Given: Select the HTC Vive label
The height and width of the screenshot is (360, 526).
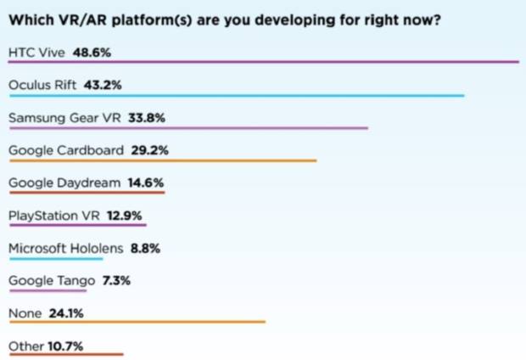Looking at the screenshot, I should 36,52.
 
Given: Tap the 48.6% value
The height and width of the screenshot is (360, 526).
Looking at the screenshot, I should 93,52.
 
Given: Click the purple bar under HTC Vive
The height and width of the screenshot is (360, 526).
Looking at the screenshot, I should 263,62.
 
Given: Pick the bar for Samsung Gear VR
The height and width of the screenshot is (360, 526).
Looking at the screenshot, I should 187,128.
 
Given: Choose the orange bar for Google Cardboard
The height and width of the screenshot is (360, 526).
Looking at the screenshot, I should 162,160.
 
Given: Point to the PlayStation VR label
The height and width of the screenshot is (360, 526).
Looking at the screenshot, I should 54,216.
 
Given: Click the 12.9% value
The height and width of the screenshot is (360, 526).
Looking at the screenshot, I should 126,216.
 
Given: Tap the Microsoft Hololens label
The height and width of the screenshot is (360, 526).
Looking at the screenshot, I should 66,248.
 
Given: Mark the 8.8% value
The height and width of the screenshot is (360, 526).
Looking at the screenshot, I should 145,248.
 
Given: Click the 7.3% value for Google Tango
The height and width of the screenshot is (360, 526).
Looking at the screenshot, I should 115,280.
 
